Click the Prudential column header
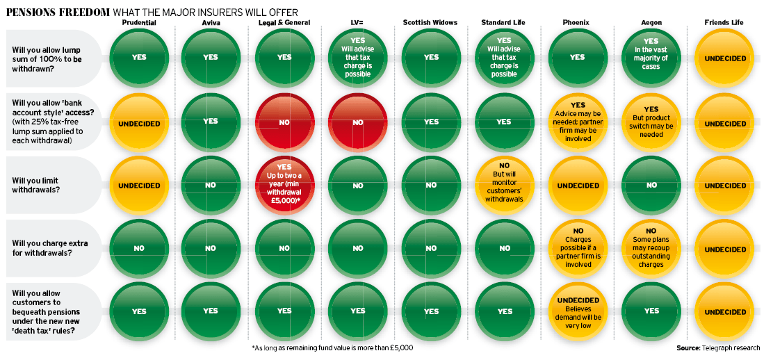138,22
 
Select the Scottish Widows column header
430,22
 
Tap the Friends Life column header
724,22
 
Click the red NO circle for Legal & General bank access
284,122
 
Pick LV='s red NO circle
357,122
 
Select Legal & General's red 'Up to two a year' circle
284,186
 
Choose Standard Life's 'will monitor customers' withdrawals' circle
504,186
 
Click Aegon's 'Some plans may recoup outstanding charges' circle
651,249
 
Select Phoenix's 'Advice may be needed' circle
578,123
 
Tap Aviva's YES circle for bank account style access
211,122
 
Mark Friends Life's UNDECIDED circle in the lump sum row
724,58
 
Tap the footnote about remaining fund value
332,347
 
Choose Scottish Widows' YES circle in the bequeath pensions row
431,311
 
